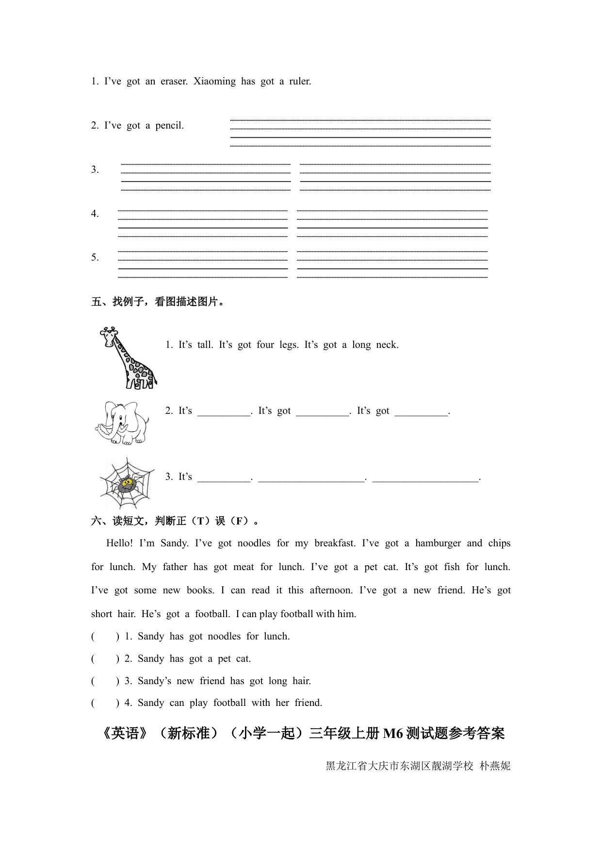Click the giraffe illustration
pyautogui.click(x=127, y=358)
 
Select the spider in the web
pyautogui.click(x=127, y=483)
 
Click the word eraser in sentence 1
pyautogui.click(x=174, y=82)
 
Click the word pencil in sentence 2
pyautogui.click(x=169, y=126)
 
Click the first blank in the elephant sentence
pyautogui.click(x=224, y=411)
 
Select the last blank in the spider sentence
pyautogui.click(x=425, y=477)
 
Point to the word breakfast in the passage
pyautogui.click(x=335, y=543)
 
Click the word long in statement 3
pyautogui.click(x=277, y=681)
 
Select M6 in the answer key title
pyautogui.click(x=393, y=734)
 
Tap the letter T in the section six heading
pyautogui.click(x=200, y=522)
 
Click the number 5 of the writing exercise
pyautogui.click(x=95, y=258)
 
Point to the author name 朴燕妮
pyautogui.click(x=495, y=766)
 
